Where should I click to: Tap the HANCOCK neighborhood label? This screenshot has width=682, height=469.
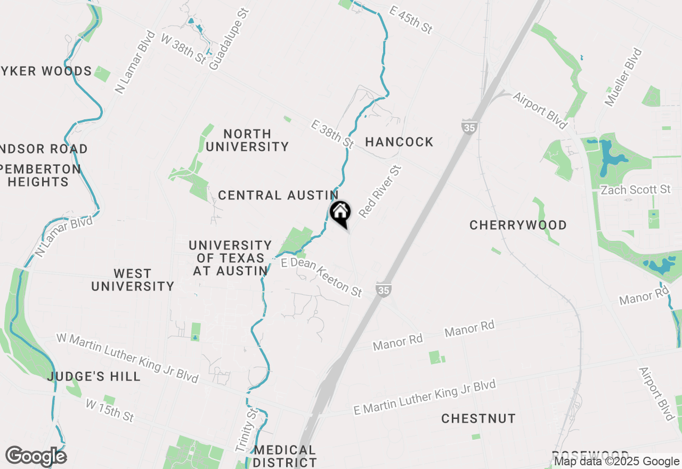(399, 142)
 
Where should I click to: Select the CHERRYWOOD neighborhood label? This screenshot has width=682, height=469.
(518, 225)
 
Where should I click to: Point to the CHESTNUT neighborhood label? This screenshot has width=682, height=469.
(478, 418)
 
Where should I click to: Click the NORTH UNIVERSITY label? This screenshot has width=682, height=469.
(247, 140)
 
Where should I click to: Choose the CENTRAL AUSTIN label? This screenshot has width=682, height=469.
(278, 196)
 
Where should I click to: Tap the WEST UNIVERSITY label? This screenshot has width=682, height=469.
(133, 280)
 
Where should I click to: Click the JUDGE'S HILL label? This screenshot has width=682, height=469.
(94, 376)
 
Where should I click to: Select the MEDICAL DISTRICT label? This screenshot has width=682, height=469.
(285, 456)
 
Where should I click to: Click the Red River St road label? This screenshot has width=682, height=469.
(380, 191)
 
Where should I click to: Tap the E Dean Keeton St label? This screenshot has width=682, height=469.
(322, 277)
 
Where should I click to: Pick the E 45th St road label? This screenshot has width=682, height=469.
(411, 20)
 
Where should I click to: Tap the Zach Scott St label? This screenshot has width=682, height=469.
(635, 190)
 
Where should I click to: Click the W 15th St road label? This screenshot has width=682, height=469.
(110, 411)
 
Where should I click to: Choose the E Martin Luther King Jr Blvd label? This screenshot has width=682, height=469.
(425, 398)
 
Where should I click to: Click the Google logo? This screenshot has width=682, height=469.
(36, 456)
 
